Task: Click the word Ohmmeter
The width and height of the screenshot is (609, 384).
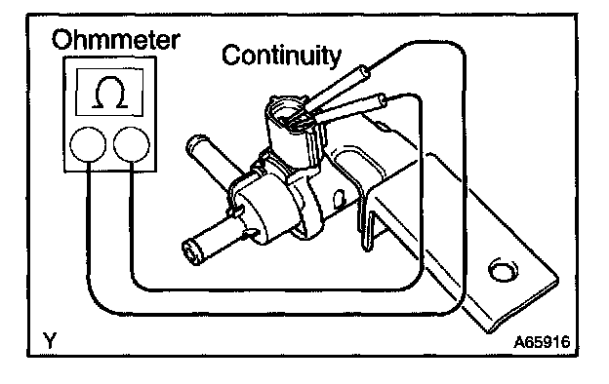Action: point(116,40)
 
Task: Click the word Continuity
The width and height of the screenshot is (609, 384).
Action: point(282,56)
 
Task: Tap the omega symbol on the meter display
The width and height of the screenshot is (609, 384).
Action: point(110,92)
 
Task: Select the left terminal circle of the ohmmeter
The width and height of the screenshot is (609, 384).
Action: point(88,144)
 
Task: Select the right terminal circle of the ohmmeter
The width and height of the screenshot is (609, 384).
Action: point(132,144)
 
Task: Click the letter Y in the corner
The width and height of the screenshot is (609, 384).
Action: point(50,340)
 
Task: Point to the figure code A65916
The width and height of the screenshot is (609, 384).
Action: point(543,342)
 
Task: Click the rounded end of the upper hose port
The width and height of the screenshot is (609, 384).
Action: point(196,143)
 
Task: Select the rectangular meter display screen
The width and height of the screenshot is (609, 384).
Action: point(110,92)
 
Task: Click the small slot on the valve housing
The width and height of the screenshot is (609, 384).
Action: point(341,197)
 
